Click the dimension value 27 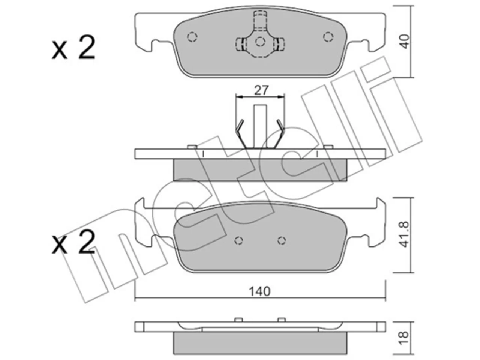point(261,90)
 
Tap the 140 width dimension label point(260,291)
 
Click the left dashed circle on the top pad point(192,37)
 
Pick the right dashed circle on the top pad point(328,37)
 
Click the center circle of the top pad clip point(260,42)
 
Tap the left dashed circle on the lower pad point(238,241)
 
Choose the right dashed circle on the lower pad point(282,241)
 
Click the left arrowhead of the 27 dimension point(240,97)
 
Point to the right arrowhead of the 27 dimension point(281,97)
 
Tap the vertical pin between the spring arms point(260,126)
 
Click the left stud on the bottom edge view point(238,320)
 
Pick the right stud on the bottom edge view point(282,320)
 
